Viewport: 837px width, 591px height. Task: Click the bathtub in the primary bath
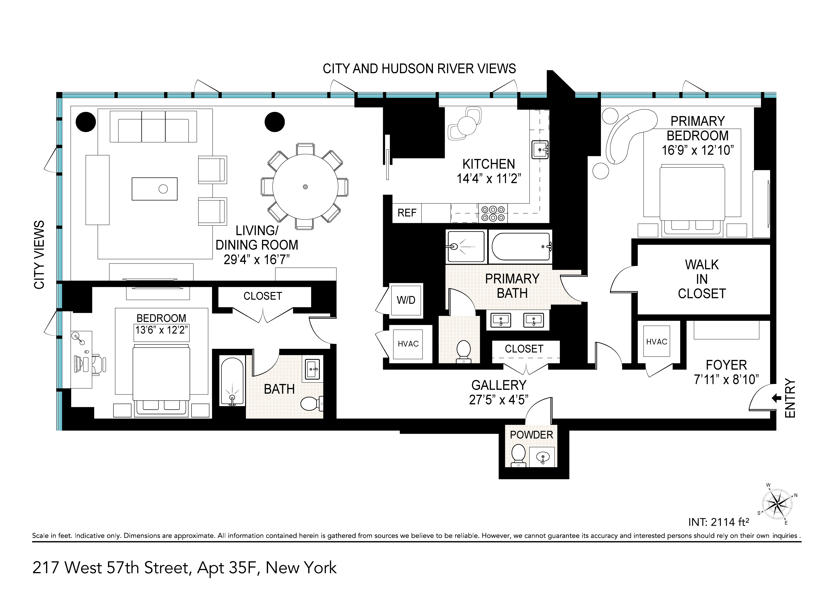[x=521, y=247]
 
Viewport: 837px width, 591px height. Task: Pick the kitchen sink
[x=540, y=150]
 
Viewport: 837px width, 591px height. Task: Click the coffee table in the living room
[x=155, y=189]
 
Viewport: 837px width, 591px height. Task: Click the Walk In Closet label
[x=702, y=279]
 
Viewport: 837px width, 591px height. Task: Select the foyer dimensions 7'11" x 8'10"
[x=726, y=380]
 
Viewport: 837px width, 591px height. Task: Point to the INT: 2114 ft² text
[x=718, y=522]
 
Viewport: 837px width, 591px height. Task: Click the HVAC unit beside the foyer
[x=657, y=341]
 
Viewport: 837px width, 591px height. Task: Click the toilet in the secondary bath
[x=312, y=403]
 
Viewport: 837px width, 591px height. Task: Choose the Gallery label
[x=499, y=385]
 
